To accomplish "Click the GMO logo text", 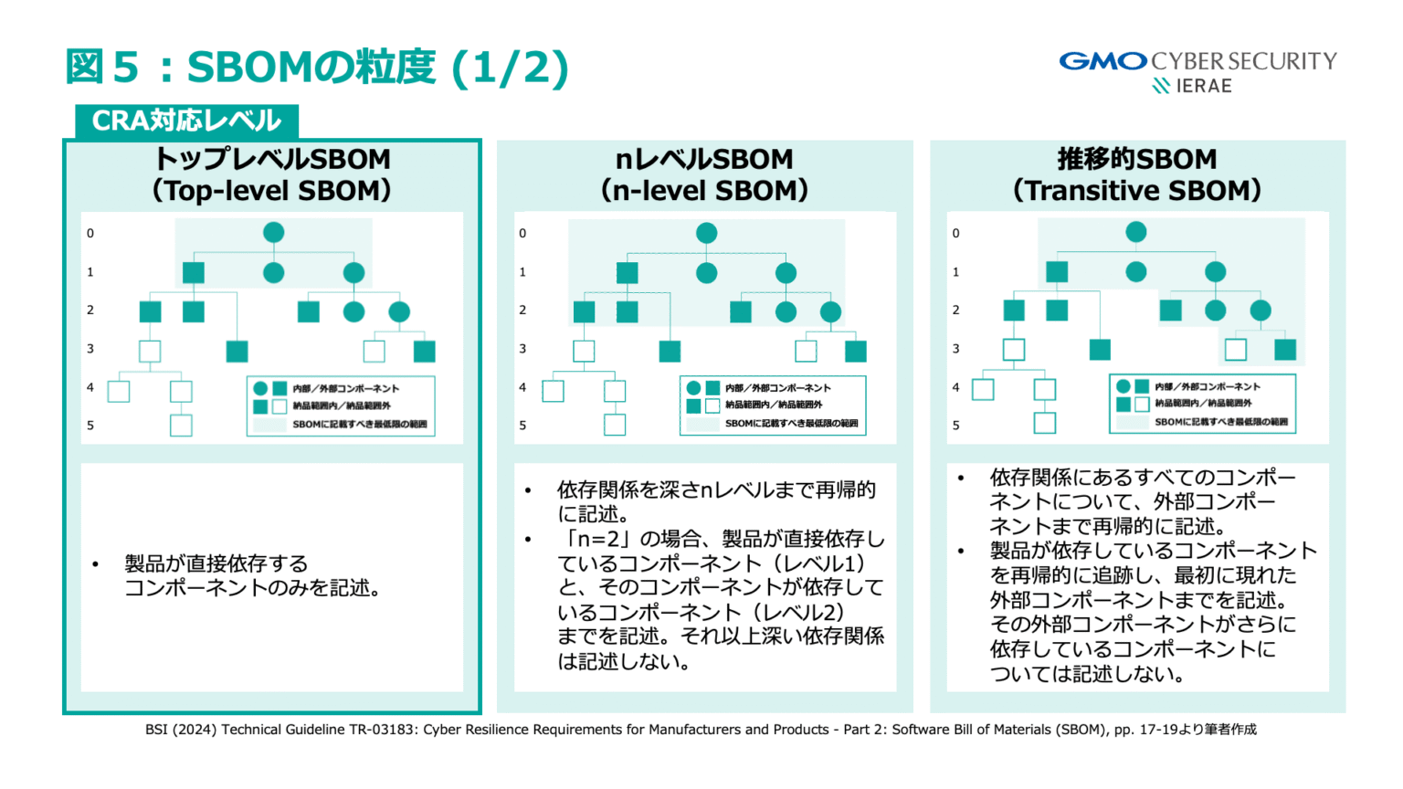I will [1102, 61].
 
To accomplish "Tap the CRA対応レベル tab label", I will [186, 121].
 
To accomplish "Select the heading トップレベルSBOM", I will [272, 159].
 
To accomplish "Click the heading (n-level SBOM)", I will [704, 190].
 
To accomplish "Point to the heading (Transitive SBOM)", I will [1136, 190].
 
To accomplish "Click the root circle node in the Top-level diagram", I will [273, 233].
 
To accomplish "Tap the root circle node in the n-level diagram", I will [706, 233].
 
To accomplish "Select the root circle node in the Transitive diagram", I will [1136, 232].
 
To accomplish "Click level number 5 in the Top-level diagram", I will [90, 426].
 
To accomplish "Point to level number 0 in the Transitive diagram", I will [956, 233].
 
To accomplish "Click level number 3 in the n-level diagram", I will [522, 349].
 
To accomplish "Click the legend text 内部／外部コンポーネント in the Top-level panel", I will [345, 389].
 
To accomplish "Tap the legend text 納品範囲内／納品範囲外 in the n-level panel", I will [774, 405].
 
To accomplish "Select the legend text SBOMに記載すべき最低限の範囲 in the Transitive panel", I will [1220, 422].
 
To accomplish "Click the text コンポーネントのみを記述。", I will [252, 588].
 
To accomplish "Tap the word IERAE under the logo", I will [1203, 86].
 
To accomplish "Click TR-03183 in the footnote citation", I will [382, 730].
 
